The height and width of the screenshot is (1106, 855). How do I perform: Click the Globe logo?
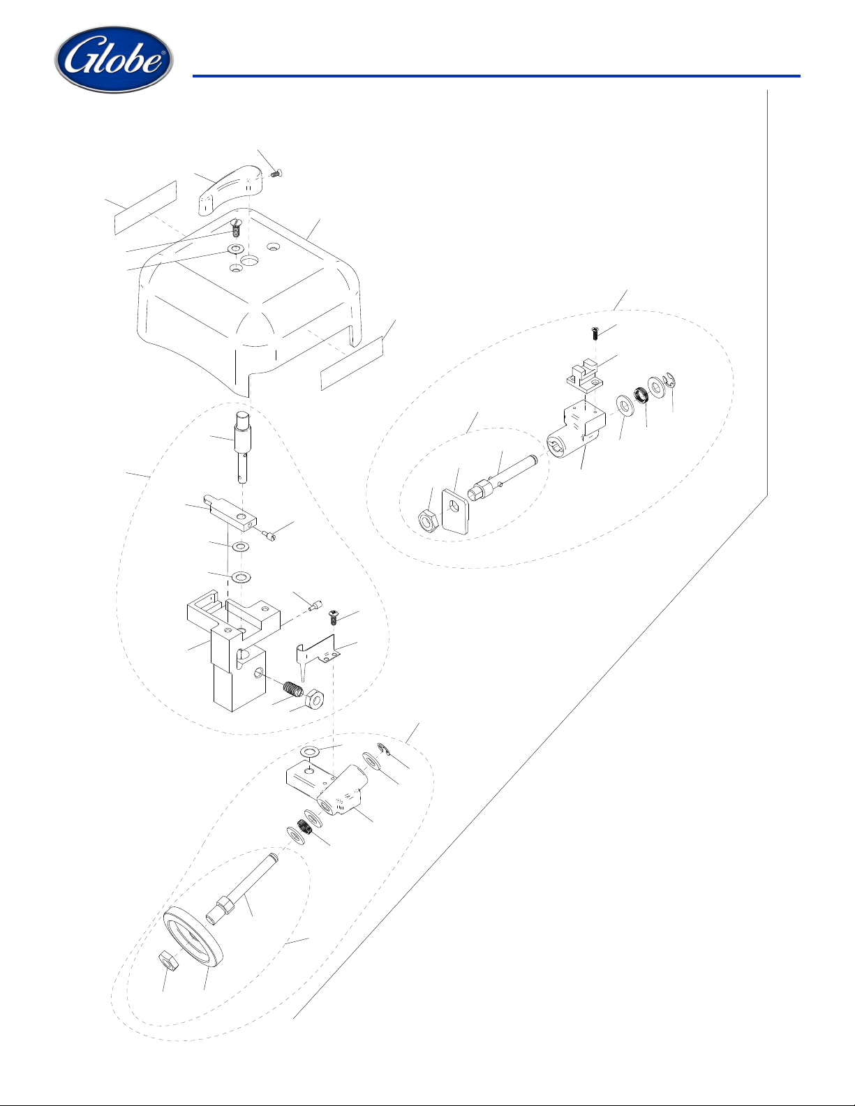[x=114, y=60]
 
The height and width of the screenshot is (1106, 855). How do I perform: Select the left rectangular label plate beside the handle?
[x=145, y=207]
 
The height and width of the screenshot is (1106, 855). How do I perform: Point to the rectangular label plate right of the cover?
[x=352, y=362]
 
